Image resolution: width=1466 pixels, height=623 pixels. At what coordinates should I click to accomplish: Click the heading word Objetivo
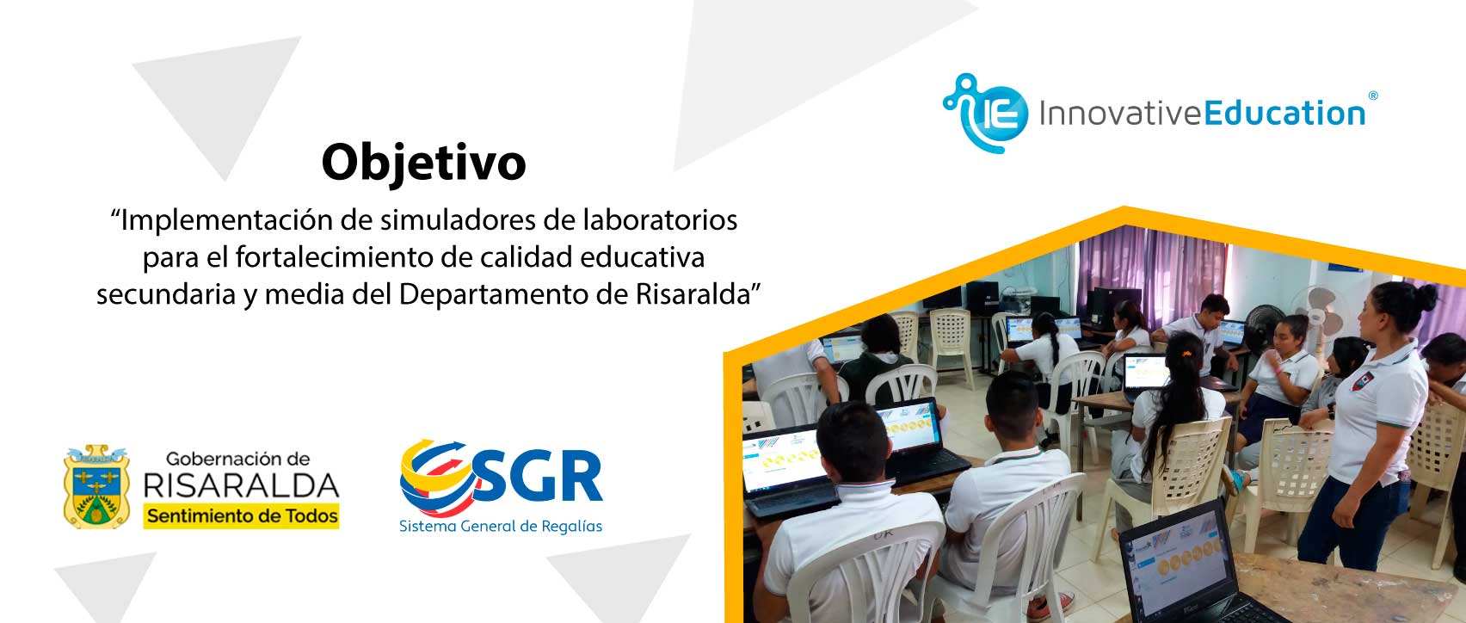point(423,162)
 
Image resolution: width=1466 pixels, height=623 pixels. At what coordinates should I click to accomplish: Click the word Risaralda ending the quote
point(693,294)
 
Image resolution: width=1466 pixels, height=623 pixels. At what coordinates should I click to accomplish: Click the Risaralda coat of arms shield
point(96,487)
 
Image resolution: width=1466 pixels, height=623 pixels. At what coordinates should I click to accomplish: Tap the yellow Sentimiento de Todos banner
point(241,516)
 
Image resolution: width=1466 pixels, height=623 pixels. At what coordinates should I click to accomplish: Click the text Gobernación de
point(238,460)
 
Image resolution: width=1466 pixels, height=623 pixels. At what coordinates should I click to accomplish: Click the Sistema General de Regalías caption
point(501,526)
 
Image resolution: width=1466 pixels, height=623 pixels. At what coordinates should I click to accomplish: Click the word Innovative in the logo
point(1120,114)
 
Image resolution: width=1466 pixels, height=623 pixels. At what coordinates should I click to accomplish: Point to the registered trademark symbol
point(1372,96)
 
